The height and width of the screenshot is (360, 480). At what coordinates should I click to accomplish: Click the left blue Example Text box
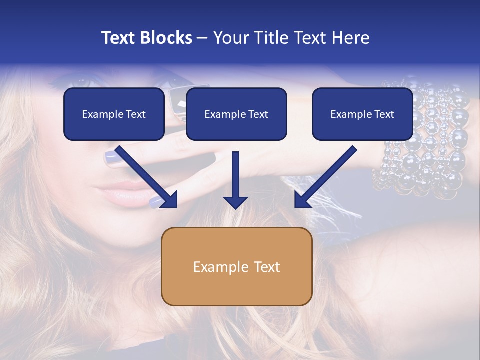[x=114, y=114]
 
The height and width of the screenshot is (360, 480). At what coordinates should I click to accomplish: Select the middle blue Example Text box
[x=236, y=114]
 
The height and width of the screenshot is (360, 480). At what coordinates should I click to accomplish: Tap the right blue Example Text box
[x=362, y=114]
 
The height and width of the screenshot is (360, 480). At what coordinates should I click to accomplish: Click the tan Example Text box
[x=236, y=266]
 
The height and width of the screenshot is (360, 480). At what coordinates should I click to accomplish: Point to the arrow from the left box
[x=147, y=177]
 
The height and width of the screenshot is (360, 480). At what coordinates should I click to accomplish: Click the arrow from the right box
[x=324, y=177]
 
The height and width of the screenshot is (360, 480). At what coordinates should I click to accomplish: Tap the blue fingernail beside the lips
[x=156, y=202]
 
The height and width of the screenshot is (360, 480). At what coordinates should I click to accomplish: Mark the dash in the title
[x=202, y=38]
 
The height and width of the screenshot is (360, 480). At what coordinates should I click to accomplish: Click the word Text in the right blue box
[x=384, y=114]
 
